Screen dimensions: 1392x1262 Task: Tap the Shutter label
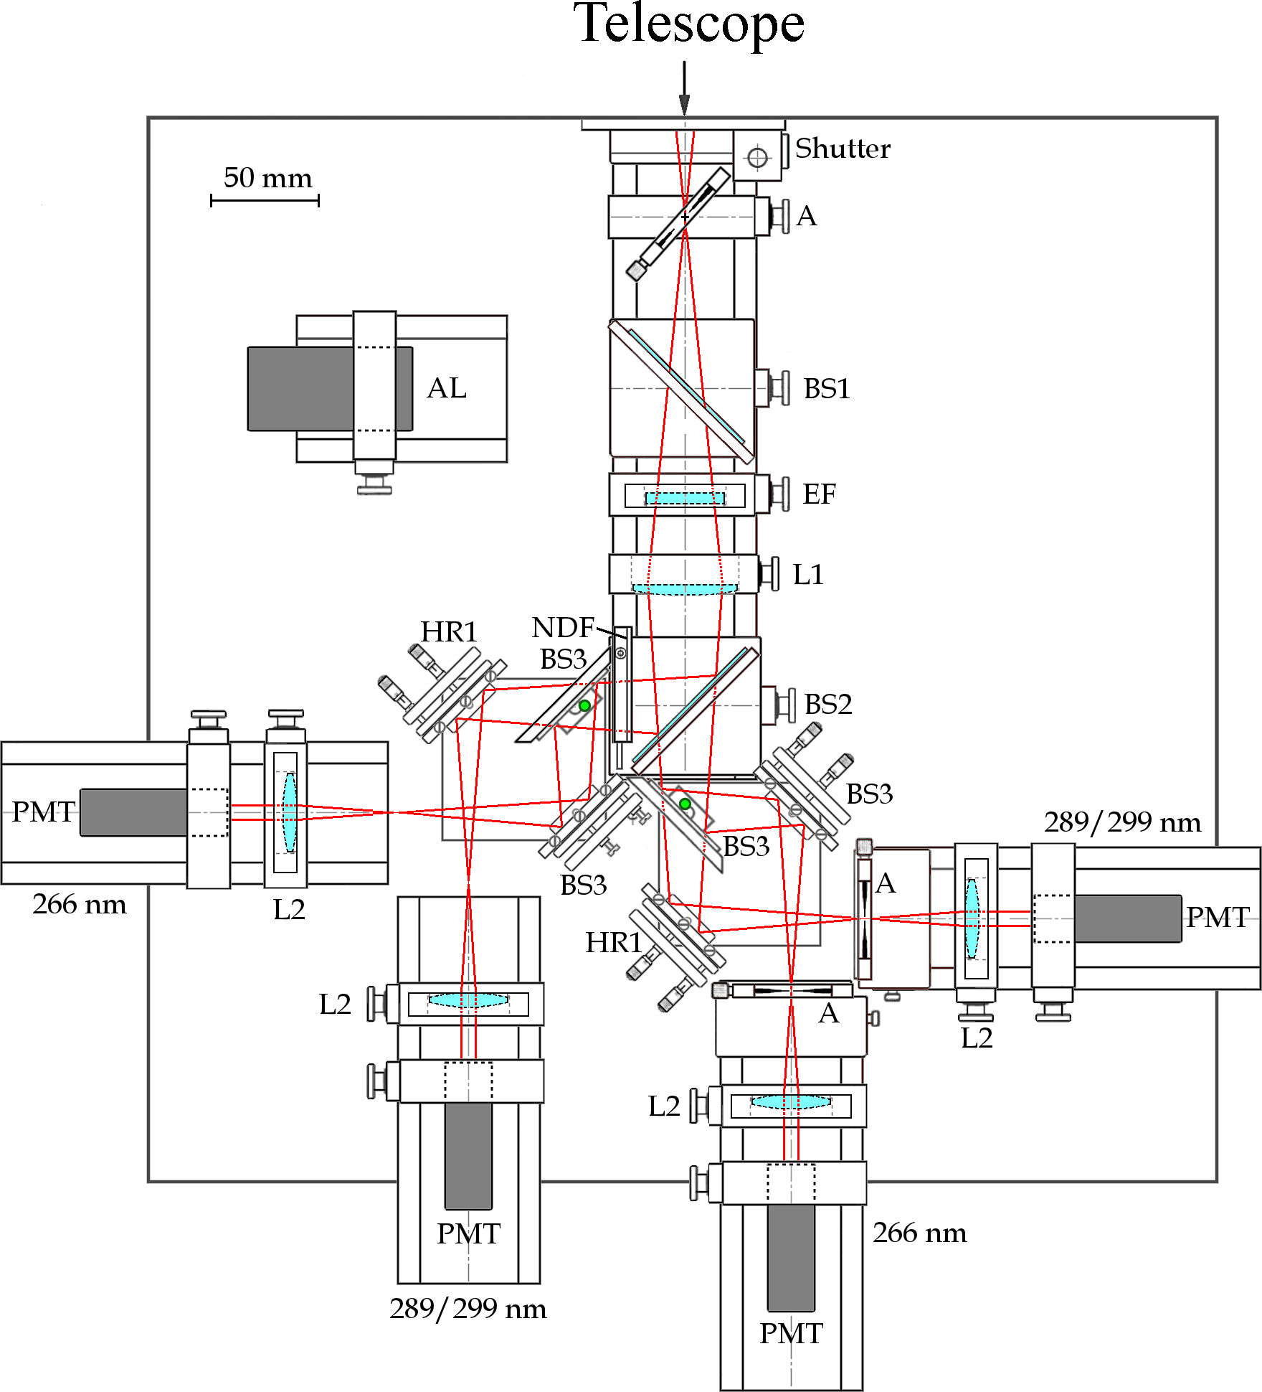tap(843, 149)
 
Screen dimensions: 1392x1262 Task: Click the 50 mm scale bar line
tap(265, 201)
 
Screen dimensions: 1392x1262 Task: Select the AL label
tap(447, 388)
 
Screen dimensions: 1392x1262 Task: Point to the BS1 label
tap(827, 389)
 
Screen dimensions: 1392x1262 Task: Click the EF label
tap(819, 494)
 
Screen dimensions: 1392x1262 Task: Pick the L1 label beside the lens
tap(808, 575)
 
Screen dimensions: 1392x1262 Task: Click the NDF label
tap(563, 627)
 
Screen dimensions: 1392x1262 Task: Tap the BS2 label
tap(828, 705)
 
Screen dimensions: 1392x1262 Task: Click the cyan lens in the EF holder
tap(684, 497)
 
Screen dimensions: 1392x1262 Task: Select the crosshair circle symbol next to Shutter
tap(757, 157)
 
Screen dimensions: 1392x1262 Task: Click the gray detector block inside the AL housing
tap(301, 389)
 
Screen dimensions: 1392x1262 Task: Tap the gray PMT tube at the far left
tap(133, 812)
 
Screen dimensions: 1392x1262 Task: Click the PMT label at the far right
tap(1218, 917)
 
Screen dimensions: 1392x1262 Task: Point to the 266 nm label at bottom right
tap(919, 1233)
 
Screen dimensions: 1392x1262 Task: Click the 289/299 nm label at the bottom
tap(468, 1309)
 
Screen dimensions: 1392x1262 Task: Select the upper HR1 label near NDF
tap(449, 631)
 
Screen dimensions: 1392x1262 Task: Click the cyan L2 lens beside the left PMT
tap(289, 812)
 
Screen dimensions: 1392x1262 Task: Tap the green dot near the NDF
tap(584, 705)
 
